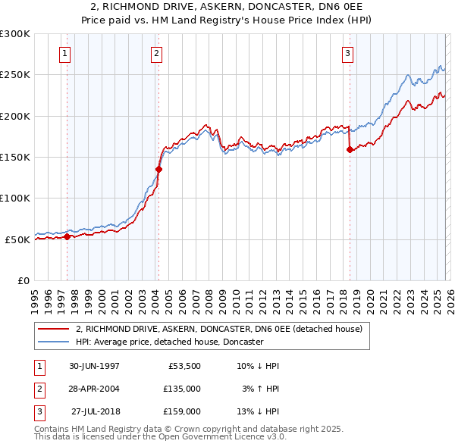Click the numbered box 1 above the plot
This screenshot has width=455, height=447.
pyautogui.click(x=66, y=53)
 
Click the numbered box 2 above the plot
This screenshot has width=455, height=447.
pyautogui.click(x=156, y=53)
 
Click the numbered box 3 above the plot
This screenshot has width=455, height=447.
pyautogui.click(x=347, y=53)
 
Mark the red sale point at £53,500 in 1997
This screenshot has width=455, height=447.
pyautogui.click(x=67, y=236)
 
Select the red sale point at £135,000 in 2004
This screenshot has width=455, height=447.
pyautogui.click(x=159, y=170)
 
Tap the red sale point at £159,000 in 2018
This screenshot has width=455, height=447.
pyautogui.click(x=350, y=150)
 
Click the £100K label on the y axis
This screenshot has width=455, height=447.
pyautogui.click(x=15, y=198)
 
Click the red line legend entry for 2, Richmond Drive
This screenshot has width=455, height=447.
pyautogui.click(x=219, y=330)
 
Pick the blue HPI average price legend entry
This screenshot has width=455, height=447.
pyautogui.click(x=168, y=342)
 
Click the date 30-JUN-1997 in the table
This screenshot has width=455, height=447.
pyautogui.click(x=94, y=366)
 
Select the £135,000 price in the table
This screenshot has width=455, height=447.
pyautogui.click(x=182, y=389)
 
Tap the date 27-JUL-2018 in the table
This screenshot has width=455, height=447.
pyautogui.click(x=96, y=411)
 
